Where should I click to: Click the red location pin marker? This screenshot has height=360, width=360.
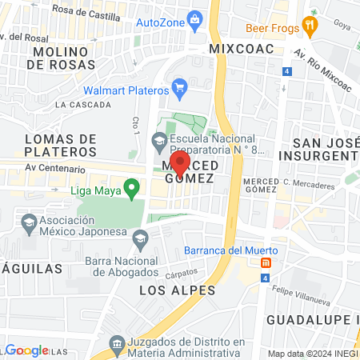point(181,163)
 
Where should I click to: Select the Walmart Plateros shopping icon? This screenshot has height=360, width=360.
point(180,85)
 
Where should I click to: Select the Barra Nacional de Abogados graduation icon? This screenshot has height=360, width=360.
point(141,237)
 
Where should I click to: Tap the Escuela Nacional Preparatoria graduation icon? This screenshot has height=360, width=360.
point(160,142)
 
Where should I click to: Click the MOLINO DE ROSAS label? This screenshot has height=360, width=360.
point(66,58)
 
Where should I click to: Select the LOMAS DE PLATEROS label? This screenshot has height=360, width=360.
point(61,145)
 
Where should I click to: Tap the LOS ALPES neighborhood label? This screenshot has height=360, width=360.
point(178,289)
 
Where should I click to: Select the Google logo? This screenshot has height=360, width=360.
point(26,350)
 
